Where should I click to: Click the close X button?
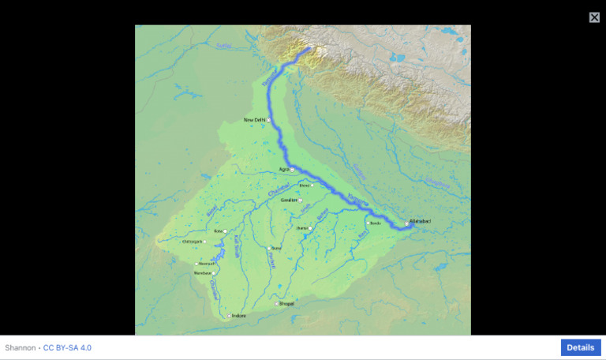click(x=594, y=17)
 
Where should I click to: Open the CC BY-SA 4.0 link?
click(x=67, y=347)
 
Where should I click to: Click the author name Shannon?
click(x=20, y=347)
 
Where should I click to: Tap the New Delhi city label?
click(x=254, y=120)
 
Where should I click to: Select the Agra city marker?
click(x=292, y=170)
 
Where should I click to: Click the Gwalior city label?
click(x=289, y=200)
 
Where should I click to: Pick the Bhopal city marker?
click(x=277, y=304)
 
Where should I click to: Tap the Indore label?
click(x=239, y=316)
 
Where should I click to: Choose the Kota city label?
click(x=218, y=231)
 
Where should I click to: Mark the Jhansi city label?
click(x=301, y=228)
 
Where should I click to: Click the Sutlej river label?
click(x=225, y=47)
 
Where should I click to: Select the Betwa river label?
click(x=322, y=213)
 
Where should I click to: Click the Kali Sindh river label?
click(x=236, y=250)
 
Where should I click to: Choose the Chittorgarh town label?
click(x=192, y=242)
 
